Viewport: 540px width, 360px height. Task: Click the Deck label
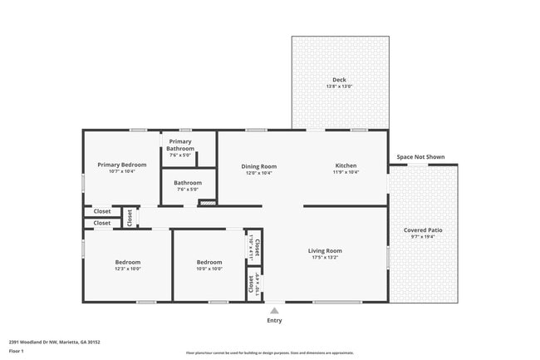pyautogui.click(x=339, y=80)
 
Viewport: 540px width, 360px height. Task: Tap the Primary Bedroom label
pyautogui.click(x=121, y=165)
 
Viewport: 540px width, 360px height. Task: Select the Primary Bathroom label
pyautogui.click(x=180, y=145)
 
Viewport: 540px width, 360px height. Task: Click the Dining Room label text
pyautogui.click(x=258, y=166)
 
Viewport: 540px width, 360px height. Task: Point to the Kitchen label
pyautogui.click(x=346, y=166)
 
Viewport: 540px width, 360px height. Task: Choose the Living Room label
pyautogui.click(x=325, y=250)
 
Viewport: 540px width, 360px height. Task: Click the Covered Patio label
pyautogui.click(x=423, y=230)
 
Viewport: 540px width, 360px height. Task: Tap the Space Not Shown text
pyautogui.click(x=420, y=156)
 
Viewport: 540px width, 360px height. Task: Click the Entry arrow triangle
pyautogui.click(x=274, y=310)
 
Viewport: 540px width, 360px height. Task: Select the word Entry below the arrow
pyautogui.click(x=274, y=320)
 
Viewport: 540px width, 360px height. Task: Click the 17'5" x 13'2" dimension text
pyautogui.click(x=325, y=258)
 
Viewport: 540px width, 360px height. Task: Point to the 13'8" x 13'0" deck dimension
pyautogui.click(x=339, y=86)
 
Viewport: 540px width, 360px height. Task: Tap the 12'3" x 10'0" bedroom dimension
pyautogui.click(x=127, y=269)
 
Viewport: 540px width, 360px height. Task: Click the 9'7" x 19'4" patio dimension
pyautogui.click(x=423, y=237)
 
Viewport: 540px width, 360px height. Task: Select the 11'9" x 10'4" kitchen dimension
pyautogui.click(x=346, y=173)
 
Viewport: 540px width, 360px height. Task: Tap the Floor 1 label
pyautogui.click(x=17, y=351)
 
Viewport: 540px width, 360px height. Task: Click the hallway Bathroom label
pyautogui.click(x=188, y=183)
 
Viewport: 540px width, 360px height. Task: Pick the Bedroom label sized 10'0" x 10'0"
pyautogui.click(x=209, y=262)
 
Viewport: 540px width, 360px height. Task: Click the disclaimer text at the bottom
pyautogui.click(x=269, y=353)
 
